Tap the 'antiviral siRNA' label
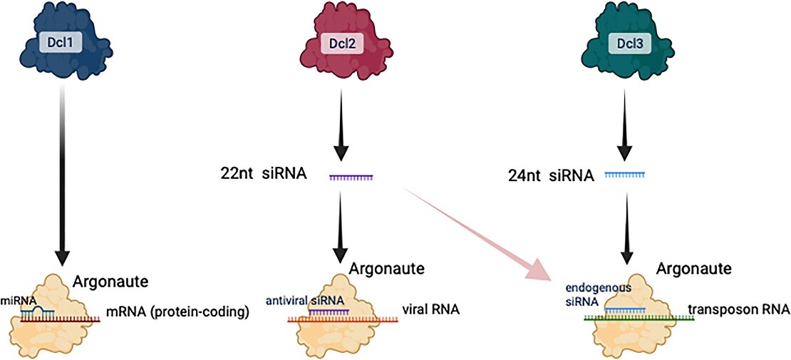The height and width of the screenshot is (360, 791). click(x=305, y=301)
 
